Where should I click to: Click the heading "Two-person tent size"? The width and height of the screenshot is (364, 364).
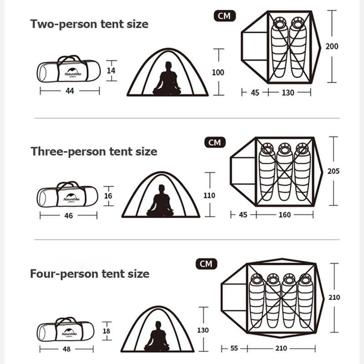[x=89, y=24]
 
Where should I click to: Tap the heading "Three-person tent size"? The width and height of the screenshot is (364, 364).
[x=94, y=151]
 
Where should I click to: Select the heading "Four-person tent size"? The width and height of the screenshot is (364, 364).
[x=90, y=274]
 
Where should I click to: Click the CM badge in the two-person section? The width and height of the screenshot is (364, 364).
[x=224, y=16]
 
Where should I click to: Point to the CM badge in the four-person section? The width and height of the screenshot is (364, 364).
[x=206, y=264]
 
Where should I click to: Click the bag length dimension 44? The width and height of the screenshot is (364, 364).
[x=70, y=91]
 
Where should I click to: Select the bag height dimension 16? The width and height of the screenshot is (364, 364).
[x=108, y=196]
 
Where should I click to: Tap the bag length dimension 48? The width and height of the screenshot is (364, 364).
[x=67, y=350]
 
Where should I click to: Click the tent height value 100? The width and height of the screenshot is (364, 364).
[x=218, y=72]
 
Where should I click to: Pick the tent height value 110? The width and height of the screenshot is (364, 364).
[x=209, y=195]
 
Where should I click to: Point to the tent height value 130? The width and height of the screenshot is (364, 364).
[x=203, y=330]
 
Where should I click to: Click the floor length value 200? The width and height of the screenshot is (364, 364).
[x=332, y=46]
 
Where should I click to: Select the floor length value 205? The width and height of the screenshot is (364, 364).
[x=334, y=172]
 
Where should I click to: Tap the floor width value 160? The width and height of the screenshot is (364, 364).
[x=285, y=215]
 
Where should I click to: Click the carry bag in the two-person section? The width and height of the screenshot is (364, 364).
[x=68, y=71]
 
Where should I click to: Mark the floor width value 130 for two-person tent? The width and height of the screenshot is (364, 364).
[x=288, y=93]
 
